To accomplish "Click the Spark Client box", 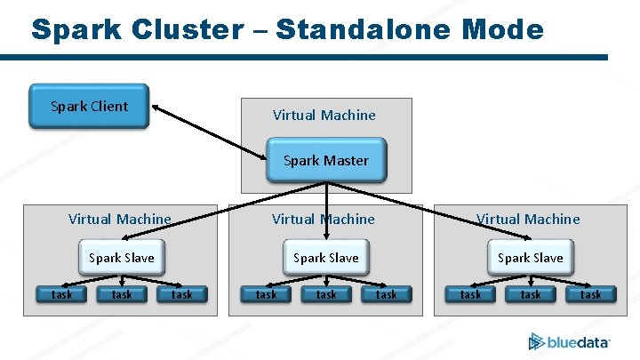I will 90,107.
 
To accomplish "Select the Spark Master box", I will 326,161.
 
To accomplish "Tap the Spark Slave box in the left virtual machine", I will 122,258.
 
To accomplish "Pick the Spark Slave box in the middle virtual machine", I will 326,258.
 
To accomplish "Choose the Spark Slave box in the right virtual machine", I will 531,258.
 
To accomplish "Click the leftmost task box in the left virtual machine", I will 62,294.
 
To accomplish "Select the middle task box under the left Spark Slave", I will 122,294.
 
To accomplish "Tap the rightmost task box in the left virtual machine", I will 181,294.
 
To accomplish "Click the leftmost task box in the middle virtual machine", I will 267,294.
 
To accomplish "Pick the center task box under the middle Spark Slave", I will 326,294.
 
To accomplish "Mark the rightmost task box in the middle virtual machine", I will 387,294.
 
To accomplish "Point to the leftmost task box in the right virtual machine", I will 471,294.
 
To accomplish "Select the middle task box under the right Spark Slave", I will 531,294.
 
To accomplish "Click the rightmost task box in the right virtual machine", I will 590,294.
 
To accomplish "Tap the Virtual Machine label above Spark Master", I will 324,116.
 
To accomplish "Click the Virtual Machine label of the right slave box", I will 528,220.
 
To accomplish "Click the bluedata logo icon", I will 536,341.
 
